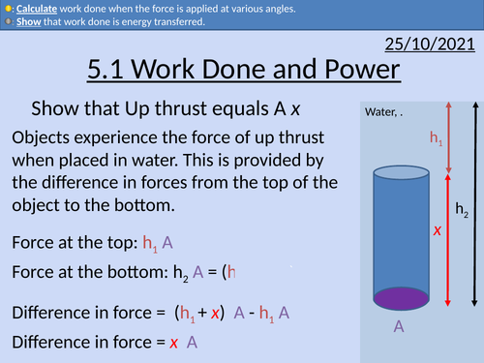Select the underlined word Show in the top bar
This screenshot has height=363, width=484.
click(29, 22)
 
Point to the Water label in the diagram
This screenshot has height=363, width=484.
click(382, 113)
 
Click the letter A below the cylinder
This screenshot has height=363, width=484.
click(398, 327)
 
